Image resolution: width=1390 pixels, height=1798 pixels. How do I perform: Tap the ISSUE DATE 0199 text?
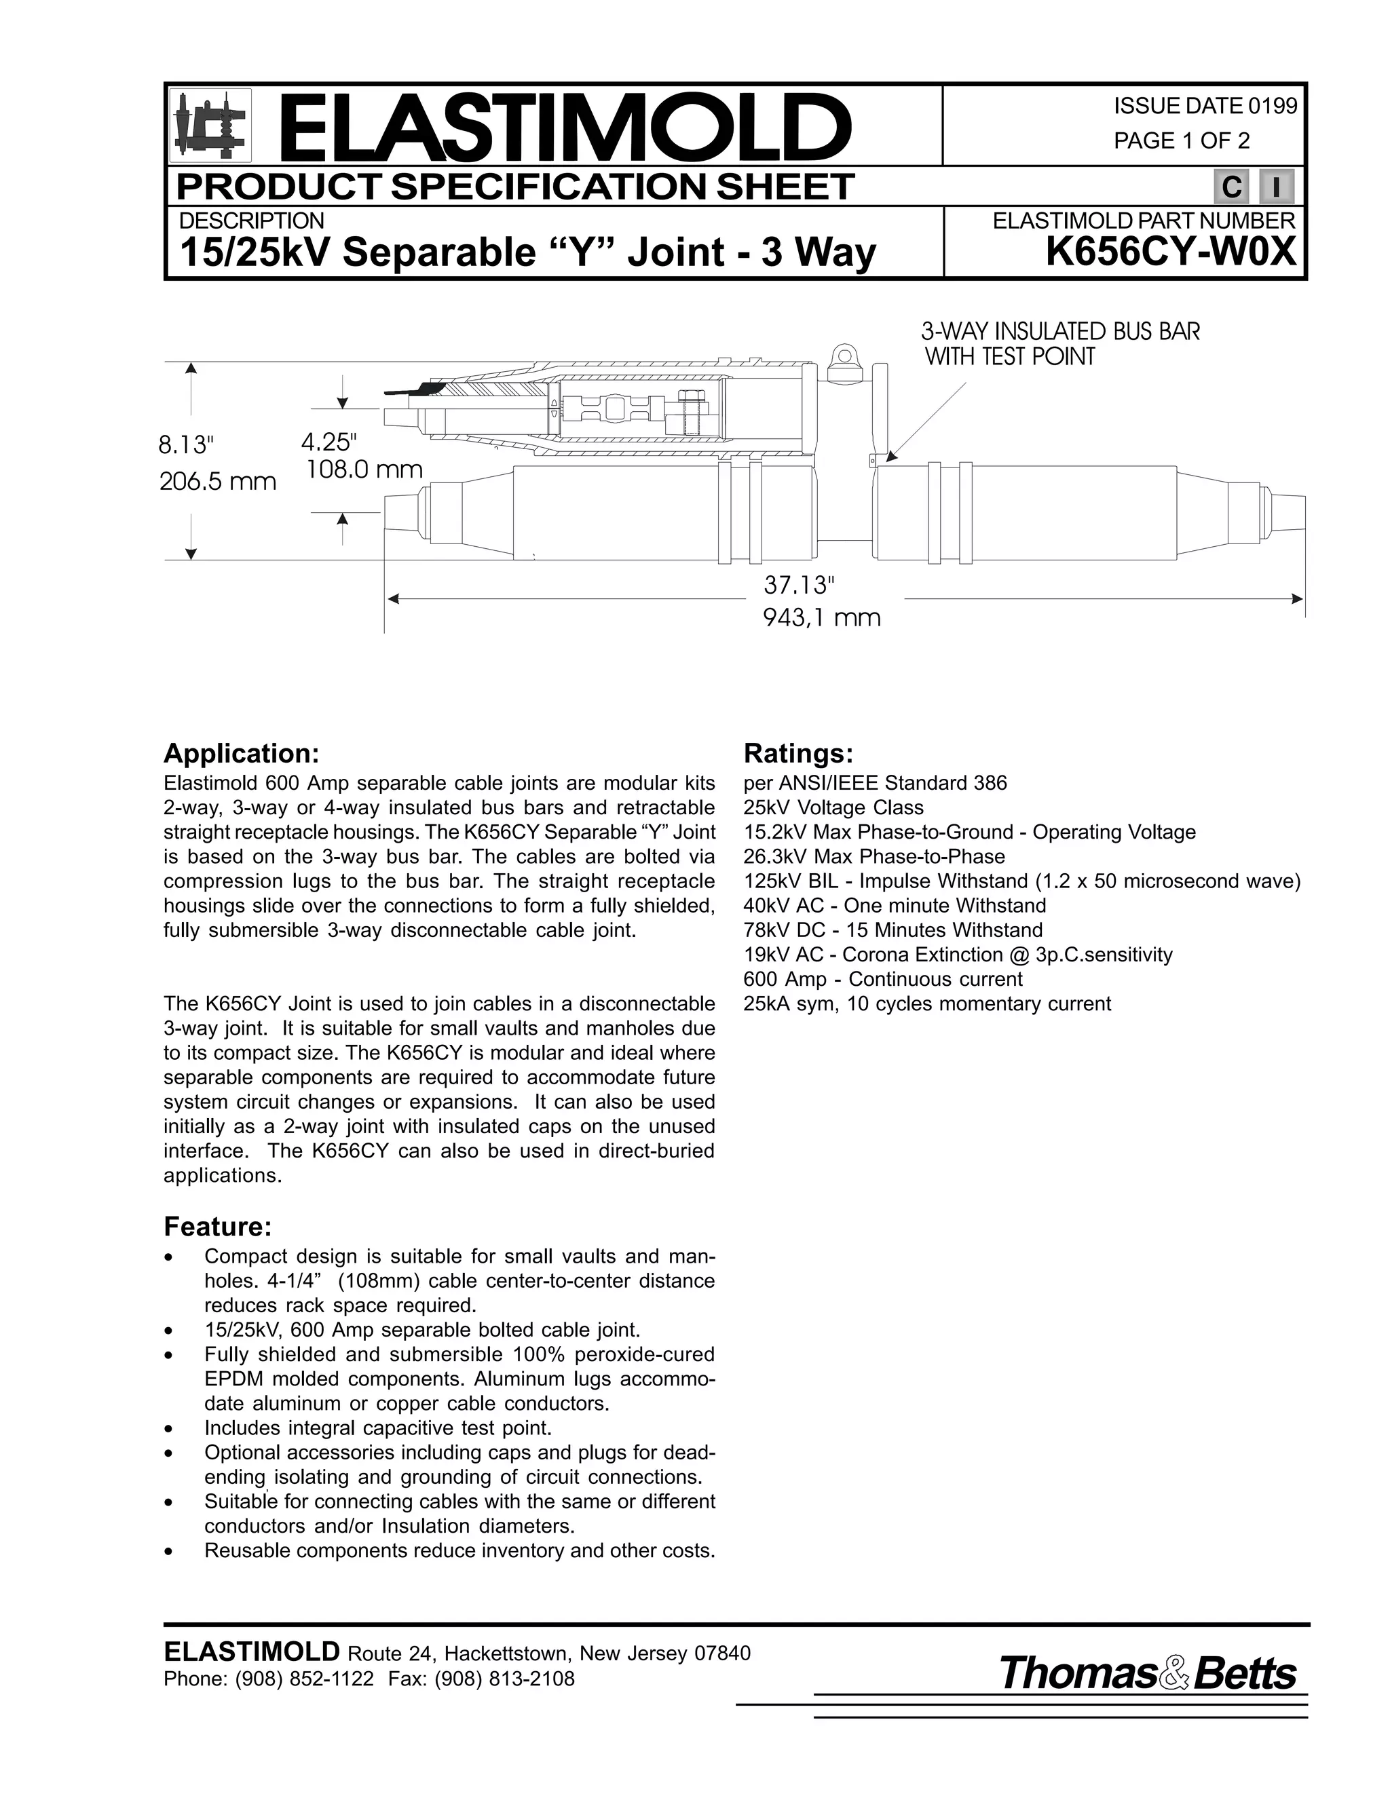tap(1205, 107)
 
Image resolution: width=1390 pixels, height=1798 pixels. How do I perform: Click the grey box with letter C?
tap(1231, 188)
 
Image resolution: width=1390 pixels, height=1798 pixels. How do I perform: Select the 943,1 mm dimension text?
tap(822, 617)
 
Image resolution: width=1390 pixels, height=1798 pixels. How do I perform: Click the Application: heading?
tap(240, 753)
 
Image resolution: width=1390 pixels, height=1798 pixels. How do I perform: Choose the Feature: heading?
tap(217, 1227)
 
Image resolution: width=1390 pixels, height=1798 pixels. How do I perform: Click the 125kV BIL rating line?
tap(1021, 881)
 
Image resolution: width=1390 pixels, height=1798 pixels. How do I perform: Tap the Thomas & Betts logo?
tap(1147, 1674)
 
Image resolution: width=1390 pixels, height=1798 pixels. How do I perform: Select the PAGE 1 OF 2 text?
tap(1181, 140)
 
